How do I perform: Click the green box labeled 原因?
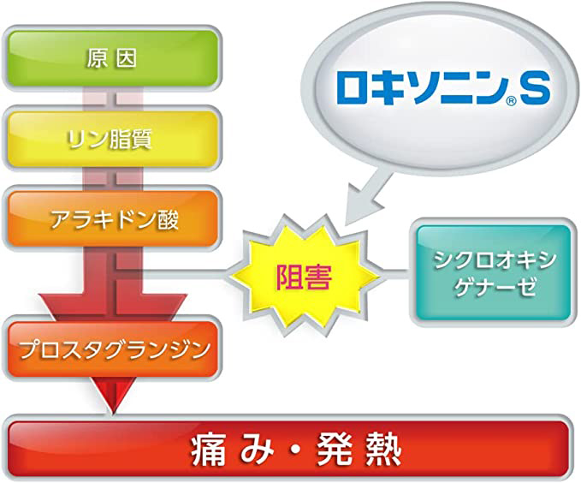112,58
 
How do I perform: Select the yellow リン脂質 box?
112,139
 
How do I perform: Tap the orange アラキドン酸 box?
112,219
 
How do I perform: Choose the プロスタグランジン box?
112,349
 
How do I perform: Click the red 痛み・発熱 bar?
288,450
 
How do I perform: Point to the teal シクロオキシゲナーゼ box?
494,272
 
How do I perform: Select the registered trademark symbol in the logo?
511,100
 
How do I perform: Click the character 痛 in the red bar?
208,450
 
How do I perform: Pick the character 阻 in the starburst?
289,277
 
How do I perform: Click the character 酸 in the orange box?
168,219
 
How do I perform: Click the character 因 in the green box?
125,58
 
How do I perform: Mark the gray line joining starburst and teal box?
396,274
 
